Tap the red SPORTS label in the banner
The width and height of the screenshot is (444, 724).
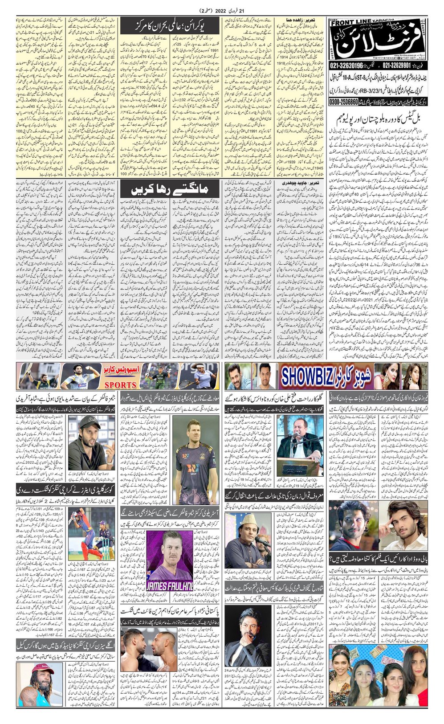pos(118,384)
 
